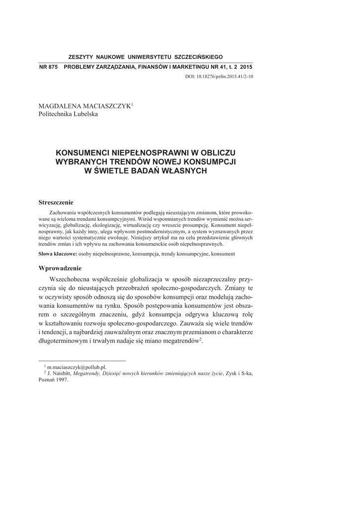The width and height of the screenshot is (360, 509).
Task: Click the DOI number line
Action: [x=219, y=77]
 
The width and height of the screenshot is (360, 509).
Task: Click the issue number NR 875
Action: [x=48, y=67]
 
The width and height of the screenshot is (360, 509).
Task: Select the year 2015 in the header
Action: [x=246, y=67]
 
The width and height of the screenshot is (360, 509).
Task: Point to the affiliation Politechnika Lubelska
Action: [x=68, y=114]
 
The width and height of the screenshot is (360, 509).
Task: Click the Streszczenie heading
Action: [x=56, y=202]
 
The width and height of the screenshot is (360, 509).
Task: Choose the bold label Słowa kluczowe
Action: [x=57, y=254]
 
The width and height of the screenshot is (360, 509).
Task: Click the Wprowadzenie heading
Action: [x=57, y=268]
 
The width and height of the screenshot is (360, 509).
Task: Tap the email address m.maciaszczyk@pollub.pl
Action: [x=77, y=366]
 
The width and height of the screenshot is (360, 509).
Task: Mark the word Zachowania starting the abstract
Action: [x=62, y=212]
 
